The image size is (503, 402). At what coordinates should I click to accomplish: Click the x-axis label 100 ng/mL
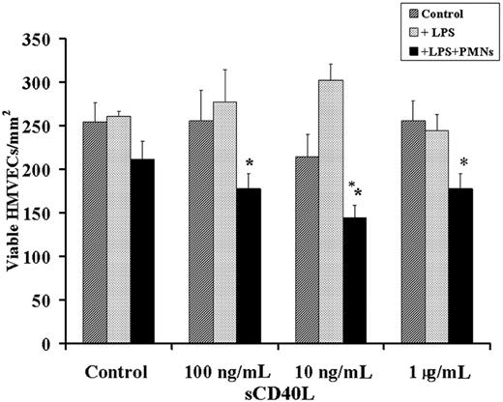point(224,372)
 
